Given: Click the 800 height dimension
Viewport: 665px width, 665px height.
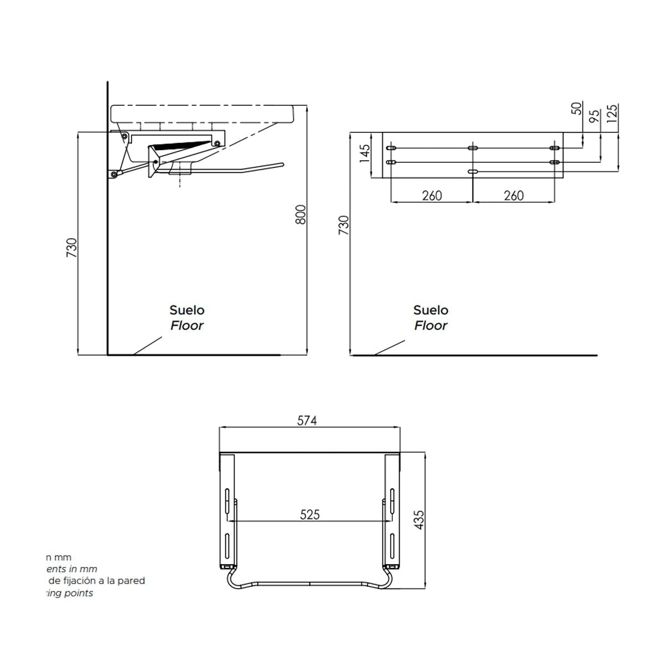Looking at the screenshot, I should (300, 215).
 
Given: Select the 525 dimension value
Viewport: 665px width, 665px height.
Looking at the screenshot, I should (310, 515).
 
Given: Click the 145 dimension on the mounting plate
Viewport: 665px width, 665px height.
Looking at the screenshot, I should (364, 154).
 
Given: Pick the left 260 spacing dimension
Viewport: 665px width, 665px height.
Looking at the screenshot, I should (432, 196).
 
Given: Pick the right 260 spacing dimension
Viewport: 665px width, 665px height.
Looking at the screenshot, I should (514, 196).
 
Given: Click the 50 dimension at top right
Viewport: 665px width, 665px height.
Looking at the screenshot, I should (576, 109).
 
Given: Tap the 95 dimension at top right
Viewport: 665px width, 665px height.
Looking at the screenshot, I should (594, 116).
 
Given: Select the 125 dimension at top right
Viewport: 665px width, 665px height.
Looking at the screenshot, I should (612, 113).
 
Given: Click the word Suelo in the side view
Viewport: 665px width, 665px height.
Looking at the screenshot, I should (187, 310).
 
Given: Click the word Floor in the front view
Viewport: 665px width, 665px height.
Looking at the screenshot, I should (431, 326).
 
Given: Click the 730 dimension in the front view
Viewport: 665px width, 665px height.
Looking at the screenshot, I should (344, 226).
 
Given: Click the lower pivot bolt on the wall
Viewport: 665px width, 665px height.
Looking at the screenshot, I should (114, 175).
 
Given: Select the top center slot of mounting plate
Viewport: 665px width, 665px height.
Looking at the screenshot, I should (473, 148).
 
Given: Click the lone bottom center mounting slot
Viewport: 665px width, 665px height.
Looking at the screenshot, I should (473, 172).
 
